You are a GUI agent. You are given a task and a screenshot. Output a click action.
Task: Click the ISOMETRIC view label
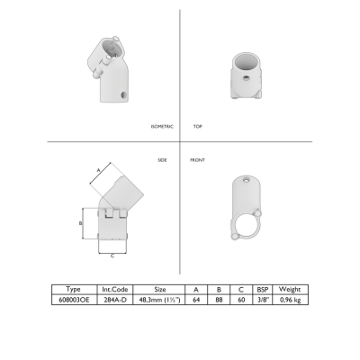coord(162,127)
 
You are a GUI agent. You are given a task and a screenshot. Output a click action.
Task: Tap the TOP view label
coord(198,127)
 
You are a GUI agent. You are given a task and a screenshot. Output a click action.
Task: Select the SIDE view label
coord(162,160)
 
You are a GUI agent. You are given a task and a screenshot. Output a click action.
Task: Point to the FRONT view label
coord(197,160)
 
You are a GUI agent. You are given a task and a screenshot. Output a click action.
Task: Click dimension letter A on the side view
coord(98,170)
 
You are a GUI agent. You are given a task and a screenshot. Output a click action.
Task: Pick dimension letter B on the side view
coord(80,223)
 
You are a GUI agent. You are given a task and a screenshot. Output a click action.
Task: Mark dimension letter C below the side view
coord(112,256)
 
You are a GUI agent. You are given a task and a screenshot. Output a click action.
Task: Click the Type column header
coord(73,289)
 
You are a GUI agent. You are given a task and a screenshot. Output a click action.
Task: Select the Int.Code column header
coord(115,290)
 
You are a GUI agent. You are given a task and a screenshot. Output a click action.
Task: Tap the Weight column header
coord(290,289)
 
